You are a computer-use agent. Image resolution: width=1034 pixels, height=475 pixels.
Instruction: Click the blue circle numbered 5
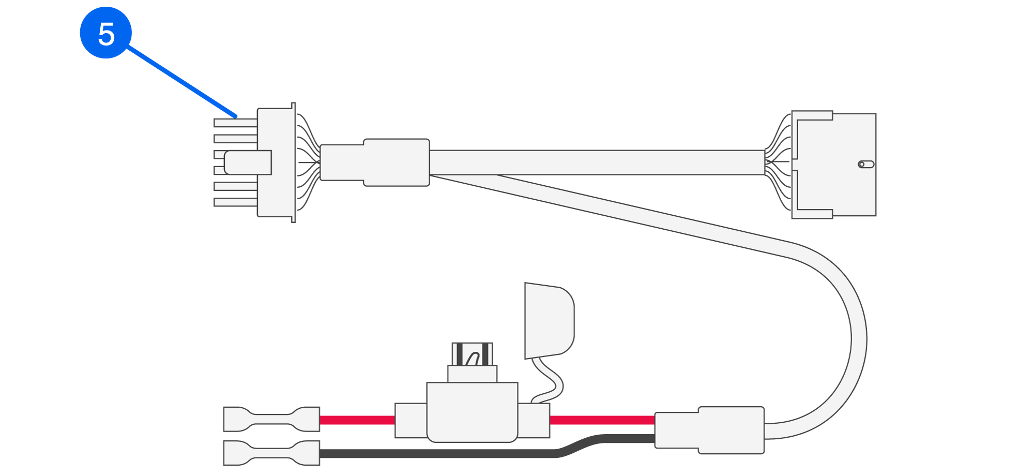click(106, 33)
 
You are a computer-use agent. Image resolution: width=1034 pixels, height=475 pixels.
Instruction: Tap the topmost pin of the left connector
click(235, 123)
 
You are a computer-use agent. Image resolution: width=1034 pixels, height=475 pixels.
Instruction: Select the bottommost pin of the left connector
click(235, 202)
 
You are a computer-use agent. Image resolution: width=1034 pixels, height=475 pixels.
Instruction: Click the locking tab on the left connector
click(248, 162)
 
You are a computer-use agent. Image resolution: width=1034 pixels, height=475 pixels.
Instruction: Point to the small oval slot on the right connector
click(866, 165)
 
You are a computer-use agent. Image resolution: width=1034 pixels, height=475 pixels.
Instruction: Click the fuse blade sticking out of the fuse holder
click(472, 354)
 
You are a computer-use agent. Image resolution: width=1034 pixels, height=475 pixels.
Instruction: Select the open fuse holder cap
click(549, 321)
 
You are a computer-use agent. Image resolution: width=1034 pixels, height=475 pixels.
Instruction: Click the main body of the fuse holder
click(472, 411)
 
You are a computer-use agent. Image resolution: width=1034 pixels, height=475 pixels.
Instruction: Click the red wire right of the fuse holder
click(602, 420)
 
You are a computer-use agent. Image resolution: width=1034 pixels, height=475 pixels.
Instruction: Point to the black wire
click(439, 454)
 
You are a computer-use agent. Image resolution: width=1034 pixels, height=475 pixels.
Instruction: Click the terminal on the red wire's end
click(271, 419)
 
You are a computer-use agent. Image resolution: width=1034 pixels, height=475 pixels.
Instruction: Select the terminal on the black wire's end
click(271, 453)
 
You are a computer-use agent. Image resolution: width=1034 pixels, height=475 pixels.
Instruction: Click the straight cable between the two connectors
click(595, 162)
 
